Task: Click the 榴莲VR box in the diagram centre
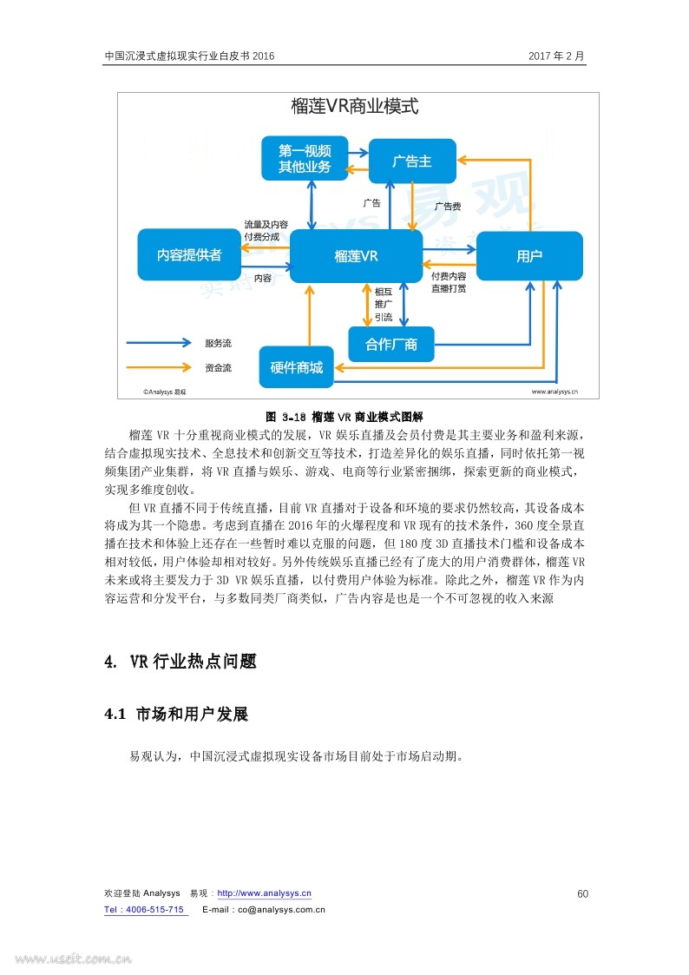click(356, 256)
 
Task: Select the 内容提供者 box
click(189, 255)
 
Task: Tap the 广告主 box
click(412, 161)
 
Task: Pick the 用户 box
click(528, 256)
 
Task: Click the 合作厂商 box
click(390, 345)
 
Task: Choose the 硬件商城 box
click(297, 367)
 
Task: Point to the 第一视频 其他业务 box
click(305, 159)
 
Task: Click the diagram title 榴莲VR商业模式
click(355, 106)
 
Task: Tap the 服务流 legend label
click(218, 343)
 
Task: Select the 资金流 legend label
click(218, 368)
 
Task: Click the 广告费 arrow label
click(448, 207)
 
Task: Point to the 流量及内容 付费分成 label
click(266, 231)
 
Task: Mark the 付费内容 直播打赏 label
click(449, 282)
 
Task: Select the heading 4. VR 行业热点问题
click(180, 662)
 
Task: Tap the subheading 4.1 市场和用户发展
click(176, 715)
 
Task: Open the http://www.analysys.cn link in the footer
click(264, 893)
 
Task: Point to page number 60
click(583, 894)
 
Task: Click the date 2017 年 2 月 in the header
click(557, 56)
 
